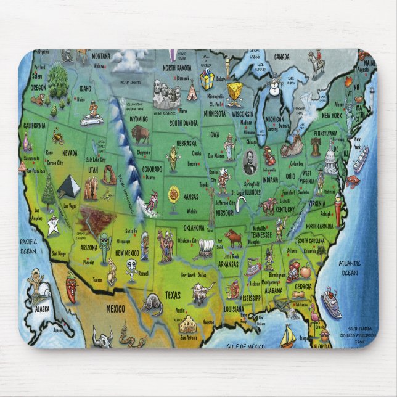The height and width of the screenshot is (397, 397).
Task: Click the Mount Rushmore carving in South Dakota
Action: coord(165,94)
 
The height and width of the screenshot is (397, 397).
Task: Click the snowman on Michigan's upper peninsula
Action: coord(275,81)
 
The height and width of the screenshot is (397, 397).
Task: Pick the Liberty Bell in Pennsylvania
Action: coord(316,147)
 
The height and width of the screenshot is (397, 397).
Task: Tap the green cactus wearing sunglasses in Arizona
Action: coord(104,244)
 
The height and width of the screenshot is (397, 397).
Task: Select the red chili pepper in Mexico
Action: coord(72,289)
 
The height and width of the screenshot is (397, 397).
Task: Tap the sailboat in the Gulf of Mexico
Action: coord(287,337)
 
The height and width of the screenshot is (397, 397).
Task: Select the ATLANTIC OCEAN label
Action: coord(350,268)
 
